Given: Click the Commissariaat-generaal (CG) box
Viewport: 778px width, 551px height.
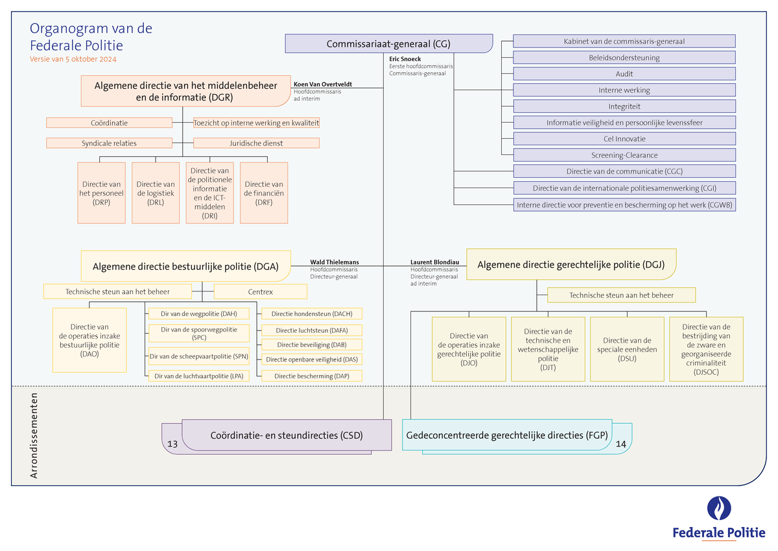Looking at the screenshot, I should pos(388,43).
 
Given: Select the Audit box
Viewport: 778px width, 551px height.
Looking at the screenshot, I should pos(624,73).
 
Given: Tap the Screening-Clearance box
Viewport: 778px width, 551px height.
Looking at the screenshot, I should pos(624,155).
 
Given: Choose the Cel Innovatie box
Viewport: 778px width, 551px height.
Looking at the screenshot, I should pos(624,139).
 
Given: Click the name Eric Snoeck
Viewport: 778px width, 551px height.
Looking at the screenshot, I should pos(405,59).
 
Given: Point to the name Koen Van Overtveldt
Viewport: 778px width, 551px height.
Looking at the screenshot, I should pos(323,84).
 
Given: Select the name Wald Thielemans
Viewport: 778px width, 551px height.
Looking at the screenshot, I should pos(335,262).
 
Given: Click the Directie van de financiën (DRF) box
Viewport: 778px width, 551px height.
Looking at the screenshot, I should pos(264,193).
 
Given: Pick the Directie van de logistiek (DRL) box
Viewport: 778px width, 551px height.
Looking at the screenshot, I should pos(156,193).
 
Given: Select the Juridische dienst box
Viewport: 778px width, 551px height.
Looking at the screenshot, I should pos(256,143).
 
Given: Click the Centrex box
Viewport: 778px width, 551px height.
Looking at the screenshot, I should pos(260,292).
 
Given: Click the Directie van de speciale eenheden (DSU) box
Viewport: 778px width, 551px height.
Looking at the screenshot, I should pos(627,349).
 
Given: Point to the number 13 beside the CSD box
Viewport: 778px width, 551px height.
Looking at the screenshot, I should pos(172,444).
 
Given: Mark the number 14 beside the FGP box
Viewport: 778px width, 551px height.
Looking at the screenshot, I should pos(621,445).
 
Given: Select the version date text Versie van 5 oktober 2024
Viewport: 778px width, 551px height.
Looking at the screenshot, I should pos(73,59).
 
